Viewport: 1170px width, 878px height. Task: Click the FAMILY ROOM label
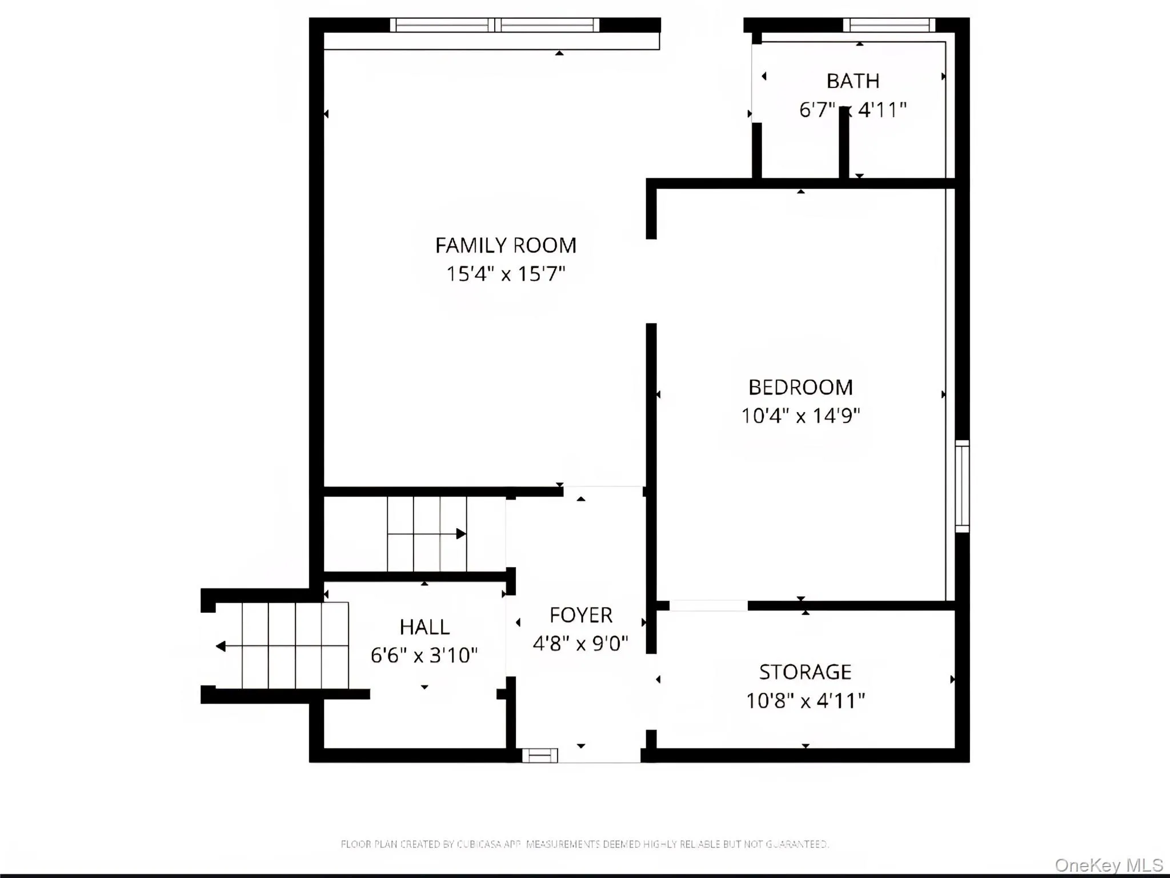click(x=506, y=246)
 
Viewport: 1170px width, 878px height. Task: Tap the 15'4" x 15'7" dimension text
click(x=506, y=274)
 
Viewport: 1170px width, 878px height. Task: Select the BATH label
click(x=852, y=81)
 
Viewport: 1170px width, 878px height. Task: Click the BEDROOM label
click(x=800, y=388)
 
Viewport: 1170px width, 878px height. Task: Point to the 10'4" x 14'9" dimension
click(x=800, y=416)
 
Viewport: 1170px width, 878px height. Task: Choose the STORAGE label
click(x=805, y=672)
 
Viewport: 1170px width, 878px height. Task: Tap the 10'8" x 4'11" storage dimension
click(x=805, y=701)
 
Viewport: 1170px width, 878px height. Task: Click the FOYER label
click(x=580, y=616)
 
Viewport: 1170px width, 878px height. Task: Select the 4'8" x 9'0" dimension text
click(x=580, y=644)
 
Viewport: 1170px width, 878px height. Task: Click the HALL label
click(x=424, y=627)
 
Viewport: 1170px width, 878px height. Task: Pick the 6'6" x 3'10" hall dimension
click(x=424, y=655)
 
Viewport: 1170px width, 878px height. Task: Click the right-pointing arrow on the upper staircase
click(x=460, y=534)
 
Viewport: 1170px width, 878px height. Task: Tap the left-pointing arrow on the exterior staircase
click(x=221, y=646)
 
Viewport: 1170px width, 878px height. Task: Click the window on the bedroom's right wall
click(x=962, y=486)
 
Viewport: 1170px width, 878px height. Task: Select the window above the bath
click(x=889, y=25)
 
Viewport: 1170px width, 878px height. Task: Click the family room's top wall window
click(x=495, y=25)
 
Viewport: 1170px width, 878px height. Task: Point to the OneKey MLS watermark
click(x=1108, y=865)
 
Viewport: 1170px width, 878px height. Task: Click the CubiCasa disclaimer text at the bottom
click(x=584, y=844)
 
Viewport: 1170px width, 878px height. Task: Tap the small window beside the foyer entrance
click(x=540, y=755)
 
